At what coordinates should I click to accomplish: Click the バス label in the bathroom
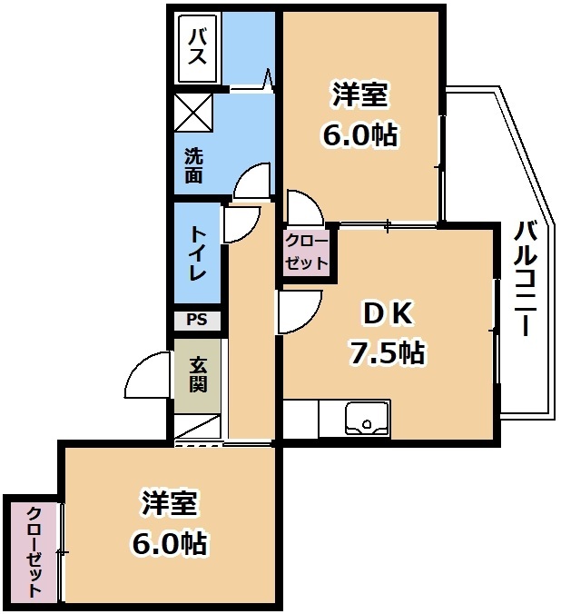197,48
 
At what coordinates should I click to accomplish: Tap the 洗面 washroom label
193,166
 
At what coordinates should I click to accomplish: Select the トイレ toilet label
198,253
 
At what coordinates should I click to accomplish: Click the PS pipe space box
197,320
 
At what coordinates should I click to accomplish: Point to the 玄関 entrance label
198,375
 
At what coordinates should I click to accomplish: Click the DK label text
388,314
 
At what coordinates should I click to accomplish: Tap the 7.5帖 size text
387,352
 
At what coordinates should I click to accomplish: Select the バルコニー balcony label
525,279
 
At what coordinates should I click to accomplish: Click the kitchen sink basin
367,420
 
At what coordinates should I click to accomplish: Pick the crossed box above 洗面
193,113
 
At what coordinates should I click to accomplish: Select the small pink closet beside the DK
306,253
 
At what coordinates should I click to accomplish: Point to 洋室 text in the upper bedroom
359,94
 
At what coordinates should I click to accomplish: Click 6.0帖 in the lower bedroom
169,543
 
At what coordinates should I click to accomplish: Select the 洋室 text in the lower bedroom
169,503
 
